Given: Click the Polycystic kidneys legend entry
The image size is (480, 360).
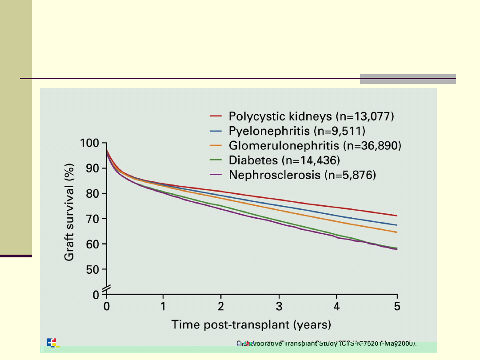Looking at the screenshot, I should [x=311, y=116].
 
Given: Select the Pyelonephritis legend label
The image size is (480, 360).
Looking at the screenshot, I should [x=297, y=131].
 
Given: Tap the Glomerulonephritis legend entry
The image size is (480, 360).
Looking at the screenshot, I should [x=315, y=146].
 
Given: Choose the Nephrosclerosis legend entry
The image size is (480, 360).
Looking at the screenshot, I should [x=302, y=175].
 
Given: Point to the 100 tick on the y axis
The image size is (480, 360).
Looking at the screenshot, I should [x=91, y=143].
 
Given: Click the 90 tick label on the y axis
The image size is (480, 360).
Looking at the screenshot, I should [x=94, y=168].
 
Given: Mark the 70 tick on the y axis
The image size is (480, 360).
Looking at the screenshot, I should [x=94, y=219].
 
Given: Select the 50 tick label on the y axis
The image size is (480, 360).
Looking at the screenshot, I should [x=94, y=269].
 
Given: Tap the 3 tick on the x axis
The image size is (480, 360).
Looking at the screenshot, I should [x=279, y=307].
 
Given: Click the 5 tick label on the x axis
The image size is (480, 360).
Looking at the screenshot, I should [x=397, y=307].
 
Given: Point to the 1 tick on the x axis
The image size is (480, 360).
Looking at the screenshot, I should [x=164, y=307].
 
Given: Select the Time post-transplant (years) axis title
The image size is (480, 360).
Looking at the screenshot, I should [x=252, y=325].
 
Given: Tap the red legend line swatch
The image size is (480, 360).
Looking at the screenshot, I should [x=216, y=116].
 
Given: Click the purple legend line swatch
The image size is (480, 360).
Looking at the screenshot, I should [x=216, y=175].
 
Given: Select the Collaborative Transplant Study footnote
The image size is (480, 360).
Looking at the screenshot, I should [x=327, y=343].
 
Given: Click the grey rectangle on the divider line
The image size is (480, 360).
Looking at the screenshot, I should [x=408, y=79].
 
